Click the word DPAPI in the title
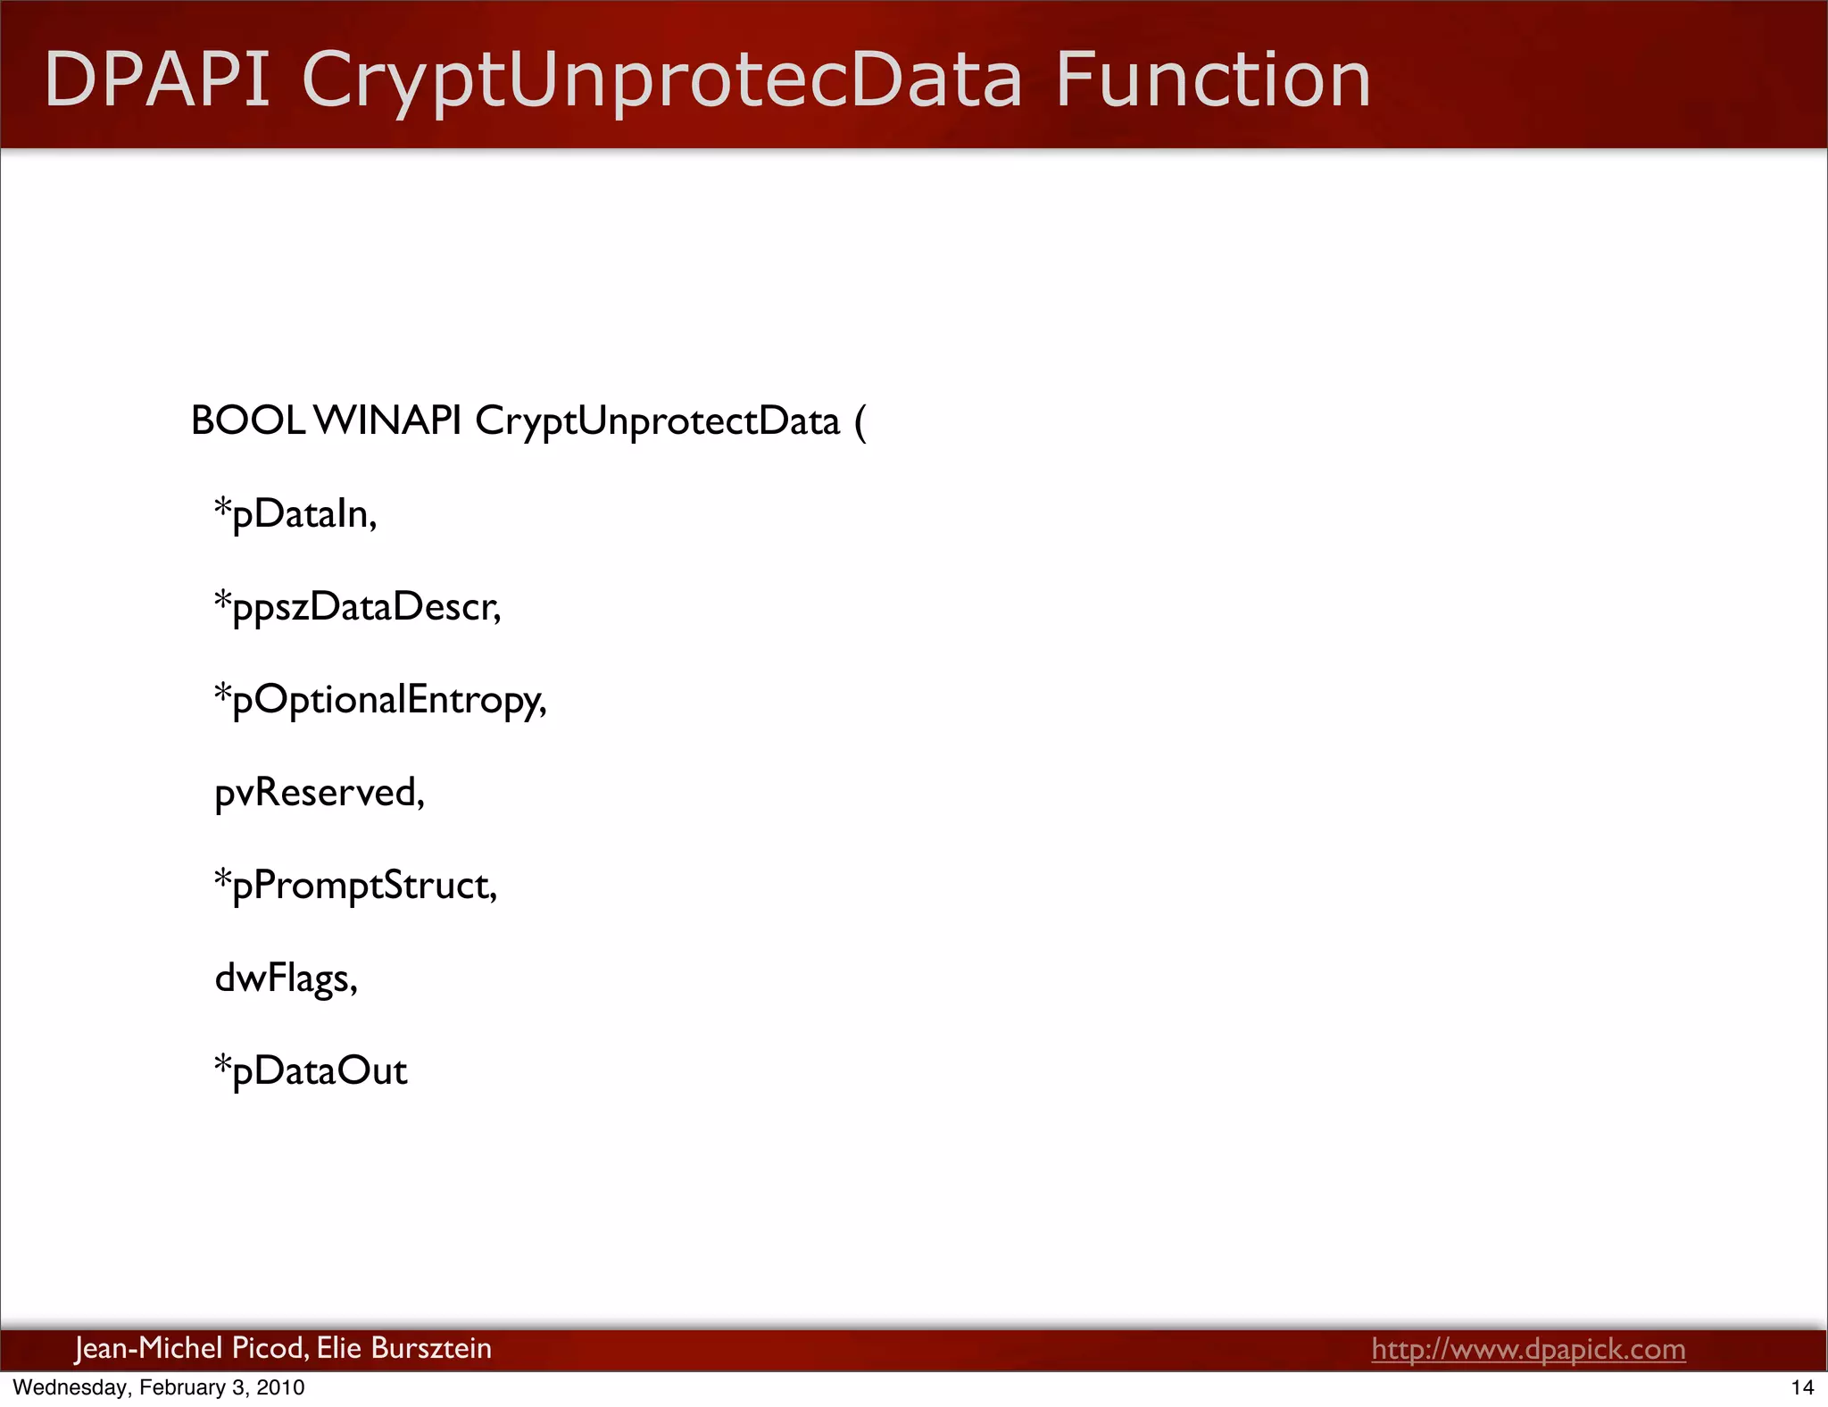157,80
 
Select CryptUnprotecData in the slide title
662,80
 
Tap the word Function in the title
1213,80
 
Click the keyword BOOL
248,420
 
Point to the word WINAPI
388,420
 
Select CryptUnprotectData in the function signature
658,420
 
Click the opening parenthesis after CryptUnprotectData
860,422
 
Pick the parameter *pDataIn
295,514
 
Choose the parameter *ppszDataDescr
357,607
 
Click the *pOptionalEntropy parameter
380,700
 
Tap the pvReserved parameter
320,793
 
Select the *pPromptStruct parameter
355,886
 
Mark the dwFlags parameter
286,978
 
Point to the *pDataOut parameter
311,1071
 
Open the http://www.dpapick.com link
1528,1349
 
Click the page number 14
1802,1387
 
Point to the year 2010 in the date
280,1387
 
